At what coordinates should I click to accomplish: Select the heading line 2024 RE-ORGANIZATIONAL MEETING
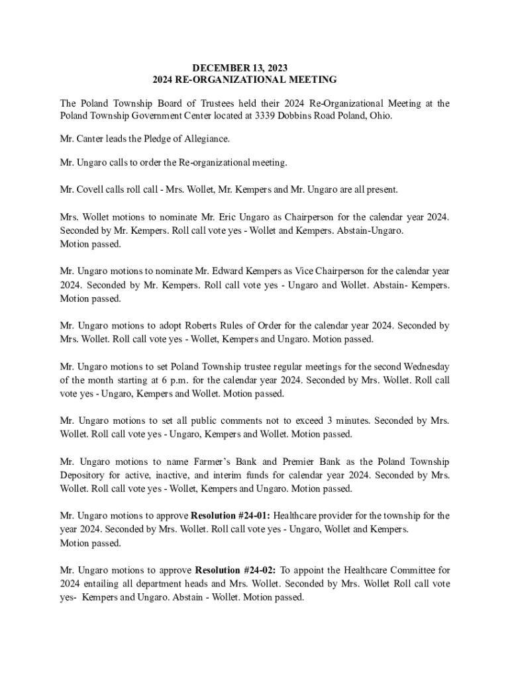coord(244,79)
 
